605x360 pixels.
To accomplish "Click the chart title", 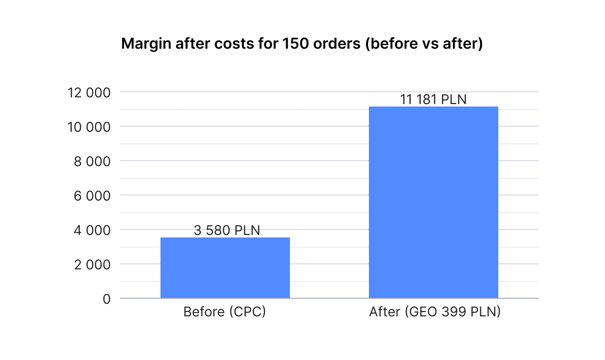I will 302,44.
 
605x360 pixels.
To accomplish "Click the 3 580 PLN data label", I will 227,230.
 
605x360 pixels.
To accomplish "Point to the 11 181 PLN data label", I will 433,99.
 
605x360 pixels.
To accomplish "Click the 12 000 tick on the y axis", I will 89,92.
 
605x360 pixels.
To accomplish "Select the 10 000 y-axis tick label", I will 89,127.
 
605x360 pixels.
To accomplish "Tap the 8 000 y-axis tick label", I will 92,161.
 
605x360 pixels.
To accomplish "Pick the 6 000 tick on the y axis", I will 92,196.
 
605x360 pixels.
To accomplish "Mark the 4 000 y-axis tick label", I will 92,230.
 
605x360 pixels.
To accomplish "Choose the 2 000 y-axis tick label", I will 92,264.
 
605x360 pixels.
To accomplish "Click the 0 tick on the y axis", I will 107,299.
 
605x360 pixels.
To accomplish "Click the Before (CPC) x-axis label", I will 225,312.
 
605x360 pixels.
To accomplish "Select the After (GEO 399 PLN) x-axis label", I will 435,312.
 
